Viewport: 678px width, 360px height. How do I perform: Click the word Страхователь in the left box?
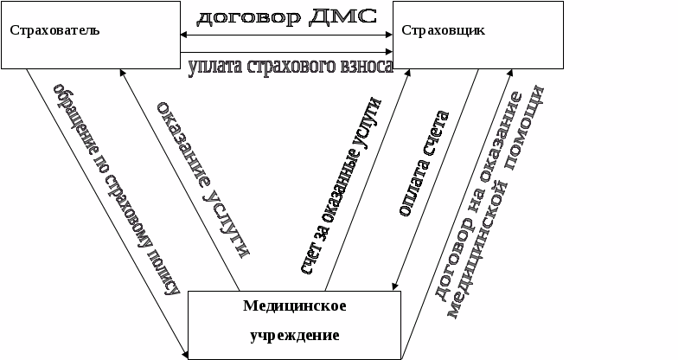point(55,30)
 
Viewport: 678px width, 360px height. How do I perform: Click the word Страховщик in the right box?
point(443,30)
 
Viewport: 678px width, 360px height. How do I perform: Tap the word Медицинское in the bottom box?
point(295,306)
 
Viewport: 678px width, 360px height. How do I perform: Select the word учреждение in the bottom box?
point(295,334)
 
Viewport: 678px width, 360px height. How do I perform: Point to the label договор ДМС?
point(286,17)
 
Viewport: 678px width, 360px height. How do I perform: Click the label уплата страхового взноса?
point(291,67)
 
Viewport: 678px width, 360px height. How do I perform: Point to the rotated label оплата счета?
point(424,164)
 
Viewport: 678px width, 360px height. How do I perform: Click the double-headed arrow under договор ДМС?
point(286,35)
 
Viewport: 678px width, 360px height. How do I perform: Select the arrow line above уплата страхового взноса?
point(286,52)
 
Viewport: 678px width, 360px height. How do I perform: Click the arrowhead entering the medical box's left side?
point(185,351)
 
